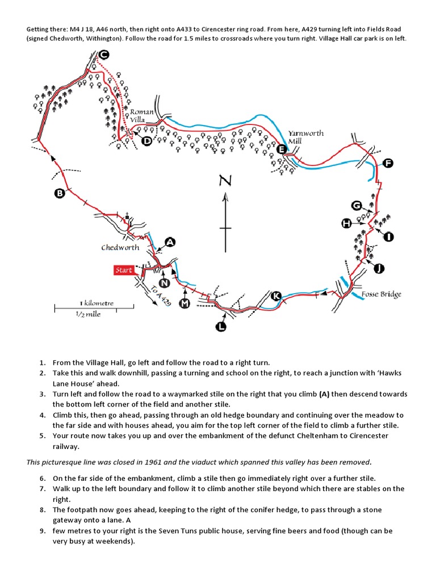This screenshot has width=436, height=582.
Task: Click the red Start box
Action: (x=124, y=270)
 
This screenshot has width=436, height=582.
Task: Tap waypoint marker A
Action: (x=169, y=243)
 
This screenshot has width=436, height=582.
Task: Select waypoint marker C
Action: (x=103, y=55)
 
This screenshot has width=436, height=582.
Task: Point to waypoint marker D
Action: (x=146, y=141)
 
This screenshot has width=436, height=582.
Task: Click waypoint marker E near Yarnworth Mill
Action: (x=281, y=149)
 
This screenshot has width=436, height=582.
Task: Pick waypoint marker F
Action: (x=388, y=164)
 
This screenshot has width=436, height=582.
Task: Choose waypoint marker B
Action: (x=60, y=194)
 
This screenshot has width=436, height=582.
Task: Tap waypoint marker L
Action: (x=220, y=326)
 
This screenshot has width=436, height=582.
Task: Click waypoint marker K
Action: (x=276, y=296)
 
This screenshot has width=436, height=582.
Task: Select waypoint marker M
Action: (x=184, y=304)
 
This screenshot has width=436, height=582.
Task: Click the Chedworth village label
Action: (x=120, y=248)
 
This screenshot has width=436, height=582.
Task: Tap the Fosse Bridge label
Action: (x=381, y=294)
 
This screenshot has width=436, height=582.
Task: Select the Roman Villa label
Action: (x=141, y=116)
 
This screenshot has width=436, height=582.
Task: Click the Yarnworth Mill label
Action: (x=305, y=137)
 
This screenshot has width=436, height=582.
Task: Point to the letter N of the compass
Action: (x=225, y=181)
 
